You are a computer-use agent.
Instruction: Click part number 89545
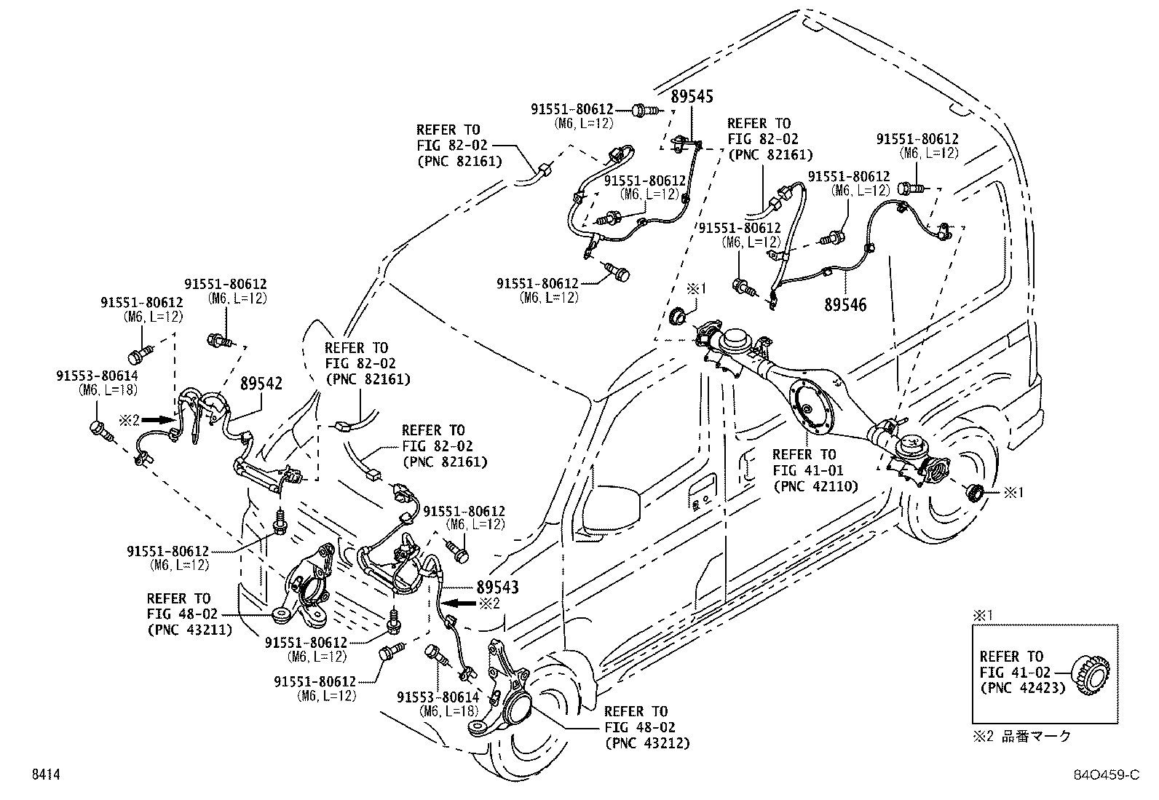(x=692, y=97)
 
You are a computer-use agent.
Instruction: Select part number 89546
(x=845, y=305)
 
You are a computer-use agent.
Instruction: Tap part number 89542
(x=261, y=384)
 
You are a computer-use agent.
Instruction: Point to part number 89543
(x=497, y=587)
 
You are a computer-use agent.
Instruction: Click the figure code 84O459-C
(x=1107, y=775)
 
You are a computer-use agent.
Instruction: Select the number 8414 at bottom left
(x=46, y=775)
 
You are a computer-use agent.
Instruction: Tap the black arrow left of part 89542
(x=159, y=420)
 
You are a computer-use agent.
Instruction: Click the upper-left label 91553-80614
(x=98, y=375)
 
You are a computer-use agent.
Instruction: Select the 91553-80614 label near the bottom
(x=438, y=697)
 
